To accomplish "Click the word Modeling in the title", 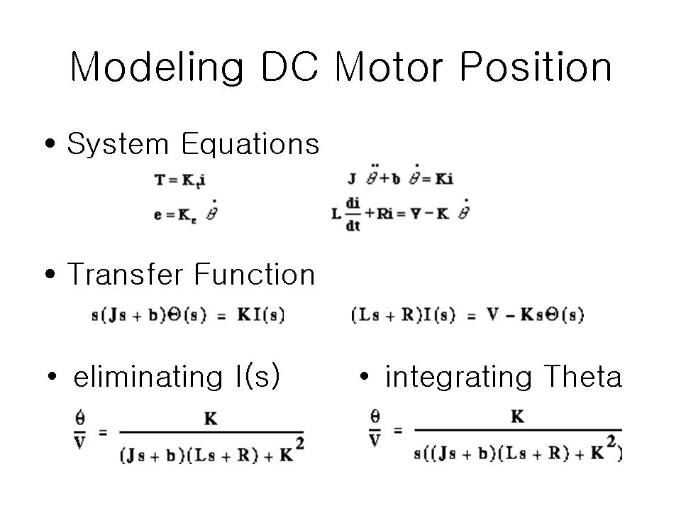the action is (x=157, y=67).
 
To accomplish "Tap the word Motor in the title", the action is (x=388, y=67).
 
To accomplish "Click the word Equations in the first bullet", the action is (x=250, y=144).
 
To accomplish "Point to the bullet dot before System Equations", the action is (x=50, y=143).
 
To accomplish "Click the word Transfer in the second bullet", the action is (x=126, y=274).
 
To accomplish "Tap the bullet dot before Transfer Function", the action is (x=50, y=274).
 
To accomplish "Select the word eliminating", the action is (x=148, y=376).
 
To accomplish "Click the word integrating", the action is (x=458, y=377).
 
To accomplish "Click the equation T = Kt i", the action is (x=179, y=180).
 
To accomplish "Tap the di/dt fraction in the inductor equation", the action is (x=353, y=214).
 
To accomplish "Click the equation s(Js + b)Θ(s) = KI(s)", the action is (x=188, y=314).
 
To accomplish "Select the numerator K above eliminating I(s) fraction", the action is (x=211, y=419).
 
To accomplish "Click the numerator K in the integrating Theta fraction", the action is (x=517, y=417).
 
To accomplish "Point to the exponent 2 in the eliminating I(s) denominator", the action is (x=299, y=444).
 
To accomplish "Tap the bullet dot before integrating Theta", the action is (x=364, y=376).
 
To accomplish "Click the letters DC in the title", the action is (x=289, y=67).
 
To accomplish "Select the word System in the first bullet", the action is (x=118, y=145).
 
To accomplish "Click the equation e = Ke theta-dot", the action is (x=186, y=212).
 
